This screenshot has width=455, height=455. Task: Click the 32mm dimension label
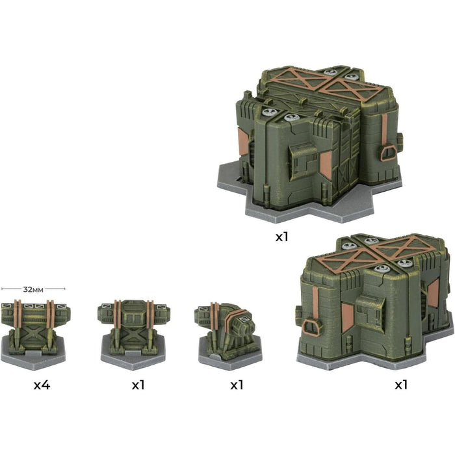coord(33,289)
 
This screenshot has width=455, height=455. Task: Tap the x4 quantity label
coord(42,385)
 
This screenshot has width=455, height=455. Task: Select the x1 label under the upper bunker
coord(281,237)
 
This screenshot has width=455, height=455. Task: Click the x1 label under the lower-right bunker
coord(401,385)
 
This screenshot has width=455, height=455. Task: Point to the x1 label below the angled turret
coord(237,385)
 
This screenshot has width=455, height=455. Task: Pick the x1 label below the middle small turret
coord(138,385)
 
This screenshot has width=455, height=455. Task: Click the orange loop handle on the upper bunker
coord(389,153)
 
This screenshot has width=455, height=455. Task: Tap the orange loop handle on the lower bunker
coord(311,328)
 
